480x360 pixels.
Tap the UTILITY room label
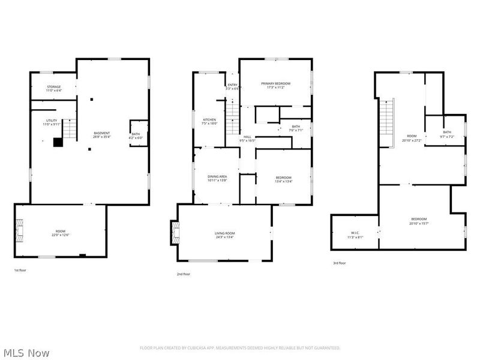(x=51, y=122)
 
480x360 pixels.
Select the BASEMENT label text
(x=102, y=134)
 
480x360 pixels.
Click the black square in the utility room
(x=58, y=142)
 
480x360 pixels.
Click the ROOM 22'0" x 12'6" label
(x=61, y=233)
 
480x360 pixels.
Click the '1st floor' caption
(x=20, y=271)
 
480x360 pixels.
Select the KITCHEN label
(x=209, y=121)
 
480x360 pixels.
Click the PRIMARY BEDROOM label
(x=275, y=85)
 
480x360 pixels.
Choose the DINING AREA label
(x=216, y=178)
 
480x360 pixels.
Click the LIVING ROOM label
(x=224, y=235)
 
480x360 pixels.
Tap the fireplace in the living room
(x=175, y=232)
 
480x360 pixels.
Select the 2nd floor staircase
(x=233, y=113)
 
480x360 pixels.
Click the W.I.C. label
(x=355, y=235)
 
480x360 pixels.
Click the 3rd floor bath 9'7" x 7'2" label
(x=447, y=134)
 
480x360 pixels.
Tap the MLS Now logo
(x=26, y=352)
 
